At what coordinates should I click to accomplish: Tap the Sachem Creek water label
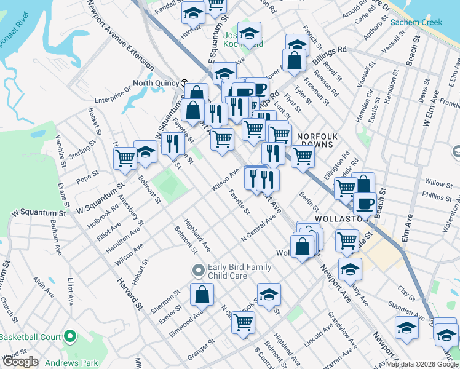(416, 23)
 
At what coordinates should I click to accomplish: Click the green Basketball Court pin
(69, 338)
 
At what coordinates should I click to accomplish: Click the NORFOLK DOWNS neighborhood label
(315, 140)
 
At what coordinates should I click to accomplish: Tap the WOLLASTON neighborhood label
(336, 218)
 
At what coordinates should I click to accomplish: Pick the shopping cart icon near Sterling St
(125, 157)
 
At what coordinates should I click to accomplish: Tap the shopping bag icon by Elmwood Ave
(202, 295)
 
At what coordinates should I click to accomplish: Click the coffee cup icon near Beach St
(364, 204)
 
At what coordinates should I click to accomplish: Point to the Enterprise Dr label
(113, 94)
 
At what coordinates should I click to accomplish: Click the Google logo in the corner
(20, 362)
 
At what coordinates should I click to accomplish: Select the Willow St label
(438, 183)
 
